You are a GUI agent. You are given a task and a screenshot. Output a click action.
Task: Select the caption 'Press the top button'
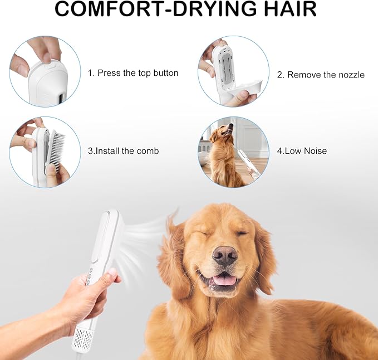click(x=132, y=73)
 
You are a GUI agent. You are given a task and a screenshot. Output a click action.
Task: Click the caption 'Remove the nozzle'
click(x=321, y=75)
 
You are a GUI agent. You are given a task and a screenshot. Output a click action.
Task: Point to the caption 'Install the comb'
click(x=123, y=151)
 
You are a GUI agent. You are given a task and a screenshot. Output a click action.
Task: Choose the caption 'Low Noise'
click(x=302, y=151)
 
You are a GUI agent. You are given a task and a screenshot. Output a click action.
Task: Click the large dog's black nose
click(x=225, y=256)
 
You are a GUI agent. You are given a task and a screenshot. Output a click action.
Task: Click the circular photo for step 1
click(x=45, y=71)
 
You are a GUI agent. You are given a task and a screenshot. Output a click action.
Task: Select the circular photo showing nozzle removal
click(x=233, y=71)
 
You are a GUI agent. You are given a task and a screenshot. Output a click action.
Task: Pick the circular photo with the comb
click(x=45, y=152)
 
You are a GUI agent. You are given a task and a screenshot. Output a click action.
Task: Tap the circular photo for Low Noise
click(x=233, y=152)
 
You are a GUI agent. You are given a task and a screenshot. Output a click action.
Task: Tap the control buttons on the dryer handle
click(x=89, y=276)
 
